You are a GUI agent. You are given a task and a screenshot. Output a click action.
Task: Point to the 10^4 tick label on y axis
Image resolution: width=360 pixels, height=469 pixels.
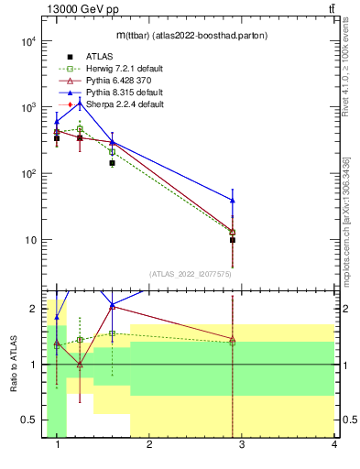coord(27,41)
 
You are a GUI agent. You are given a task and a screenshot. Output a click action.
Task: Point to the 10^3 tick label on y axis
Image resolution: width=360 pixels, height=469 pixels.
coord(27,107)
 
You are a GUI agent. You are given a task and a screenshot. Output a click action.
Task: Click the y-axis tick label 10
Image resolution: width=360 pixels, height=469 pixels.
coord(29,240)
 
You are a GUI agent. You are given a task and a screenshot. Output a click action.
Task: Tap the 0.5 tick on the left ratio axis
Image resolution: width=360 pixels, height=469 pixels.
coord(29,420)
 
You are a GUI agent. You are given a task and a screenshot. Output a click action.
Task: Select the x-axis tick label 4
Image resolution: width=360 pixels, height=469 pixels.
coord(334,445)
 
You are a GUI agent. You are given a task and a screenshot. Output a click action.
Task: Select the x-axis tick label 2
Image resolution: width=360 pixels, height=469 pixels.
coord(150,445)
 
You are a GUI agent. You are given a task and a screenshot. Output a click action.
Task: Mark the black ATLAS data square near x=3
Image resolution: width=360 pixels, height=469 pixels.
coord(233,240)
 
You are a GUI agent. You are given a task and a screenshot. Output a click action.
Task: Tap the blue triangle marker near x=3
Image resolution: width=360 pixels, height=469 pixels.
coord(233,200)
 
